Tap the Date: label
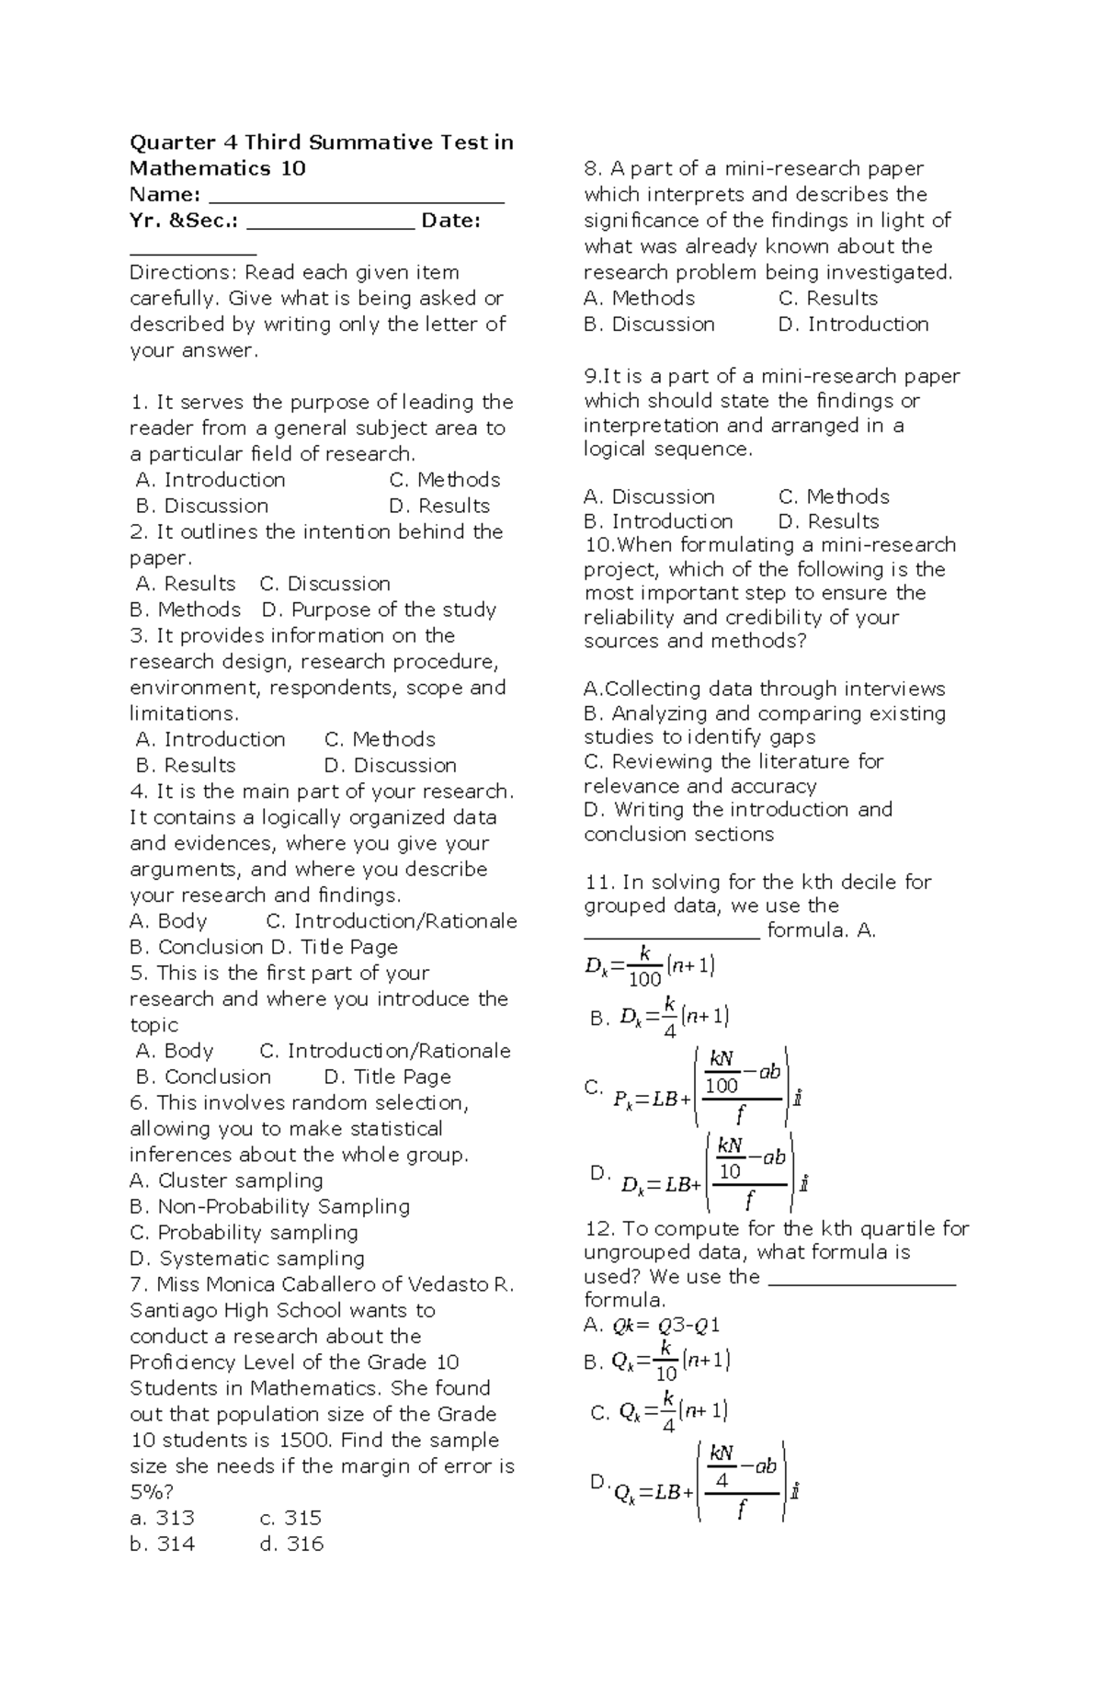pyautogui.click(x=450, y=221)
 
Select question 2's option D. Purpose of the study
pyautogui.click(x=379, y=610)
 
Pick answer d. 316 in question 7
pyautogui.click(x=291, y=1545)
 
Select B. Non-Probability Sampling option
pyautogui.click(x=269, y=1206)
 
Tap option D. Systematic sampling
pyautogui.click(x=247, y=1259)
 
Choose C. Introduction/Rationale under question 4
pyautogui.click(x=391, y=921)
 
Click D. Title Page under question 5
pyautogui.click(x=387, y=1077)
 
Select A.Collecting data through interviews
pyautogui.click(x=764, y=690)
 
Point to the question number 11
pyautogui.click(x=598, y=883)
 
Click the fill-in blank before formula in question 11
pyautogui.click(x=672, y=932)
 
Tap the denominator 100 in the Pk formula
pyautogui.click(x=722, y=1086)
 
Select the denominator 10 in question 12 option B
pyautogui.click(x=666, y=1374)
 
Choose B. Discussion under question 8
pyautogui.click(x=649, y=325)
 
